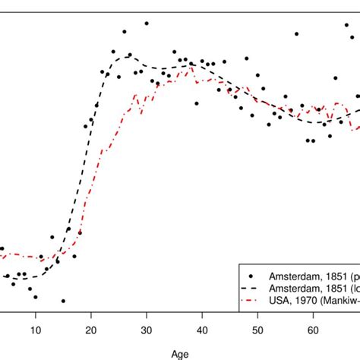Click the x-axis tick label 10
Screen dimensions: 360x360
click(x=36, y=329)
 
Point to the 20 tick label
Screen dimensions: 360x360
click(x=91, y=329)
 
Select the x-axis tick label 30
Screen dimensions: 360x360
click(x=147, y=329)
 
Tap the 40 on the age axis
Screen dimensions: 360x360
click(x=202, y=329)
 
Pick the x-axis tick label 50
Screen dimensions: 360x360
click(x=257, y=329)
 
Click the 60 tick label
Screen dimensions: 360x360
click(x=313, y=329)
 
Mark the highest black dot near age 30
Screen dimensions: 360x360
click(x=147, y=24)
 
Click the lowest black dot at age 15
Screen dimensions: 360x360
click(x=63, y=301)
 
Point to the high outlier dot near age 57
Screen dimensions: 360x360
click(x=296, y=34)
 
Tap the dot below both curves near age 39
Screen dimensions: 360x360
click(x=197, y=103)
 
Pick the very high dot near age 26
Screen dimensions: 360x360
click(x=125, y=32)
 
